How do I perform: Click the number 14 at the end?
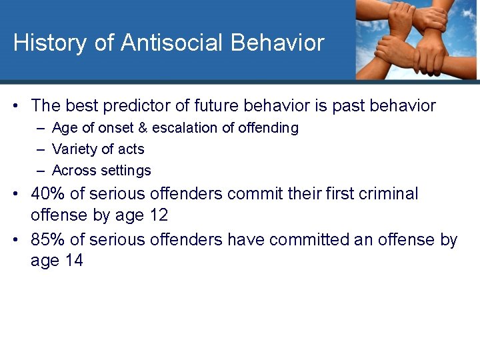click(73, 261)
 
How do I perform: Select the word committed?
click(312, 239)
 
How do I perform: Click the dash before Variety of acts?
click(41, 149)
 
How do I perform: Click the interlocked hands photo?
click(416, 40)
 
